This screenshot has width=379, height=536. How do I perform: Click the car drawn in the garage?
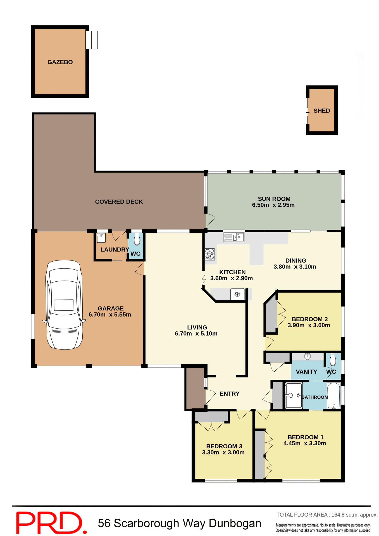pos(64,305)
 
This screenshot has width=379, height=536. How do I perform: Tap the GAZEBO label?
pos(60,62)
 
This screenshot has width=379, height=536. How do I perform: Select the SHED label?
pos(321,111)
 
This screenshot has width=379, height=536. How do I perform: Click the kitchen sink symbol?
pos(234,237)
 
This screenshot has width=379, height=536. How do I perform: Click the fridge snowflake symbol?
pos(237,294)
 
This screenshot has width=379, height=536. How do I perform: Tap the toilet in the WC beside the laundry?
pos(137,239)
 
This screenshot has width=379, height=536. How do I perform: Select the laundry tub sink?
pos(101,238)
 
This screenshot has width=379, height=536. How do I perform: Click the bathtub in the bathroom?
pos(333,396)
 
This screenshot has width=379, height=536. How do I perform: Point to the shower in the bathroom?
pos(293,396)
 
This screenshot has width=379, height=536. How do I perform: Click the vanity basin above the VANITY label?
pos(308,356)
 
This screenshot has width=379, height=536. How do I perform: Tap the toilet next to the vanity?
pos(333,359)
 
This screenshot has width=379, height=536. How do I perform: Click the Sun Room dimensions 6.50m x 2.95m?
pos(273,205)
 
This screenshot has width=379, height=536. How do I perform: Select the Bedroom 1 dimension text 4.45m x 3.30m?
pos(304,443)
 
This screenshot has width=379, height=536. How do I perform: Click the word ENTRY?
pos(229,394)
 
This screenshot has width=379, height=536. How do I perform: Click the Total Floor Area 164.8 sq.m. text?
pos(327,515)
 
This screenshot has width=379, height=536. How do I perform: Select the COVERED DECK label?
pos(119,202)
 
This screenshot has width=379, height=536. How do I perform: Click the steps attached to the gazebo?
pos(92,40)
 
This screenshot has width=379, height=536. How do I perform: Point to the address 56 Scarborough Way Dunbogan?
pos(180,523)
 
